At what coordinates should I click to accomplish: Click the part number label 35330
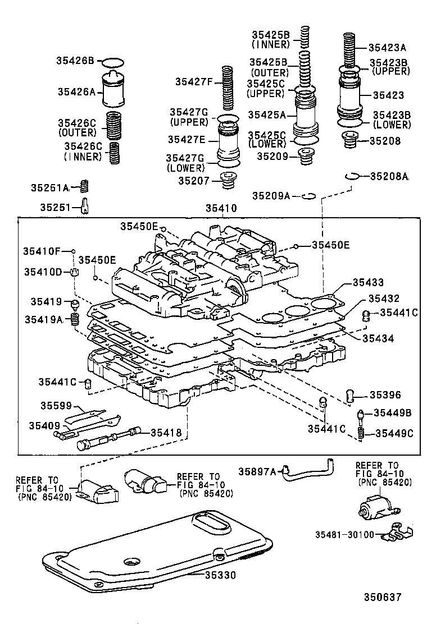[220, 575]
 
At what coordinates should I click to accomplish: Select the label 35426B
[75, 61]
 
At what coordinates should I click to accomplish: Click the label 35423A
[388, 48]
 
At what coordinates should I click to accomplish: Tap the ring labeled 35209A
[308, 196]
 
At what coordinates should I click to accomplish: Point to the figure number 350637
[383, 597]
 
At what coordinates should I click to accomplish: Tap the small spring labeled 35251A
[86, 186]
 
